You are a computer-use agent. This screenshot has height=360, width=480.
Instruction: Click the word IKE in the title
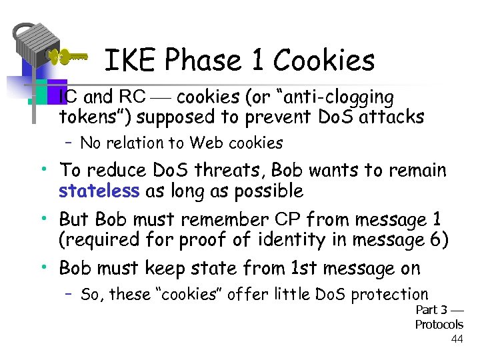click(129, 61)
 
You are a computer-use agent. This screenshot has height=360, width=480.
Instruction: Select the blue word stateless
click(99, 191)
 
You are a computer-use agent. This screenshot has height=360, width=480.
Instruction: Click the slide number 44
click(457, 339)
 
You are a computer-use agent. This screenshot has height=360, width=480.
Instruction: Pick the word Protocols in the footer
click(439, 325)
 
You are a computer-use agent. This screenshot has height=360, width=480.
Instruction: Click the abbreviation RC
click(132, 97)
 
